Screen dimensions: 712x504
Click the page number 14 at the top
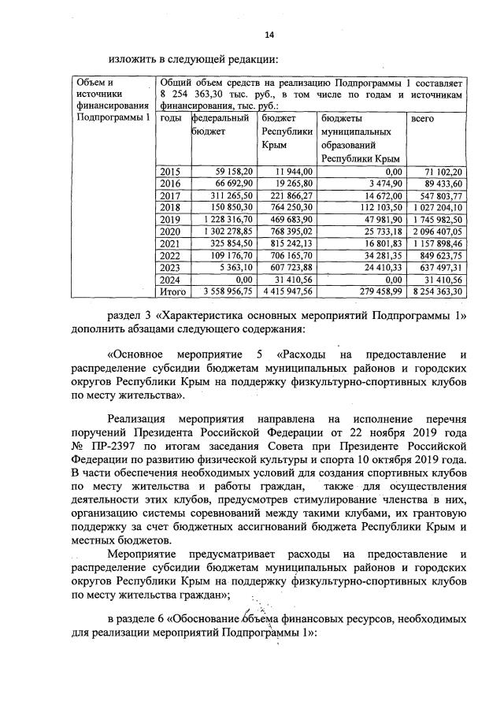(269, 35)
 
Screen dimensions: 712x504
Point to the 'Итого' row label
(172, 291)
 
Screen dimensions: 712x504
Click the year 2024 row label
(170, 279)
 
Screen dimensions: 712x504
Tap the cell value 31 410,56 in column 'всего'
(446, 279)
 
